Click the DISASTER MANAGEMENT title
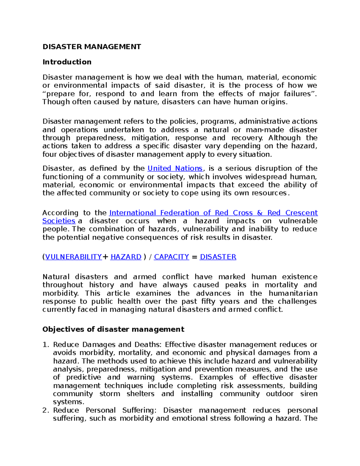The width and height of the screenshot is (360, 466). [x=91, y=47]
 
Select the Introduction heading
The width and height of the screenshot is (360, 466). [x=67, y=62]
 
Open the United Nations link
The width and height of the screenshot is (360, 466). [x=175, y=168]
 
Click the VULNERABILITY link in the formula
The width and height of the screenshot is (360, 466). [x=73, y=257]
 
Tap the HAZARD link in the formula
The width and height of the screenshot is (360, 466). [x=126, y=257]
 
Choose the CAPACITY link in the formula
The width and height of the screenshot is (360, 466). [x=171, y=257]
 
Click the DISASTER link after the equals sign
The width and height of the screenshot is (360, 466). [x=218, y=257]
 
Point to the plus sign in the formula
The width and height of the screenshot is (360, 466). [x=105, y=257]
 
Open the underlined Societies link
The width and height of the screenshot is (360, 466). [x=59, y=221]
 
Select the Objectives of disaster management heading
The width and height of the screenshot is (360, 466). [x=113, y=329]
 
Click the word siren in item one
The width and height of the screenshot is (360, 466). [x=309, y=394]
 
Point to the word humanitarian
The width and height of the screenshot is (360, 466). [x=293, y=293]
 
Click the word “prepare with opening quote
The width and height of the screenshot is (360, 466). [x=58, y=94]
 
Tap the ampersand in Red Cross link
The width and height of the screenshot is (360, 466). [x=260, y=213]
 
